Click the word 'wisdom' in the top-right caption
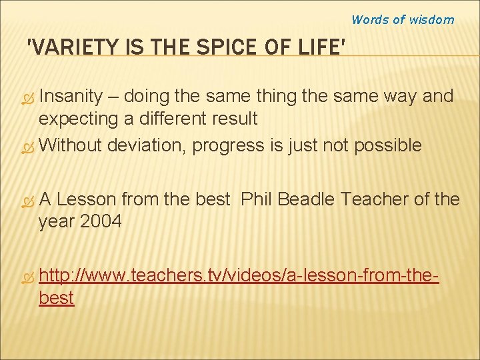(x=431, y=20)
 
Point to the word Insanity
(x=71, y=97)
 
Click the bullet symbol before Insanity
(x=27, y=98)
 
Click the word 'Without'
(x=71, y=145)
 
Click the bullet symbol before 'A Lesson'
(x=27, y=200)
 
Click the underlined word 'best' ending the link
(x=57, y=297)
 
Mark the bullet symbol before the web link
(x=27, y=275)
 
